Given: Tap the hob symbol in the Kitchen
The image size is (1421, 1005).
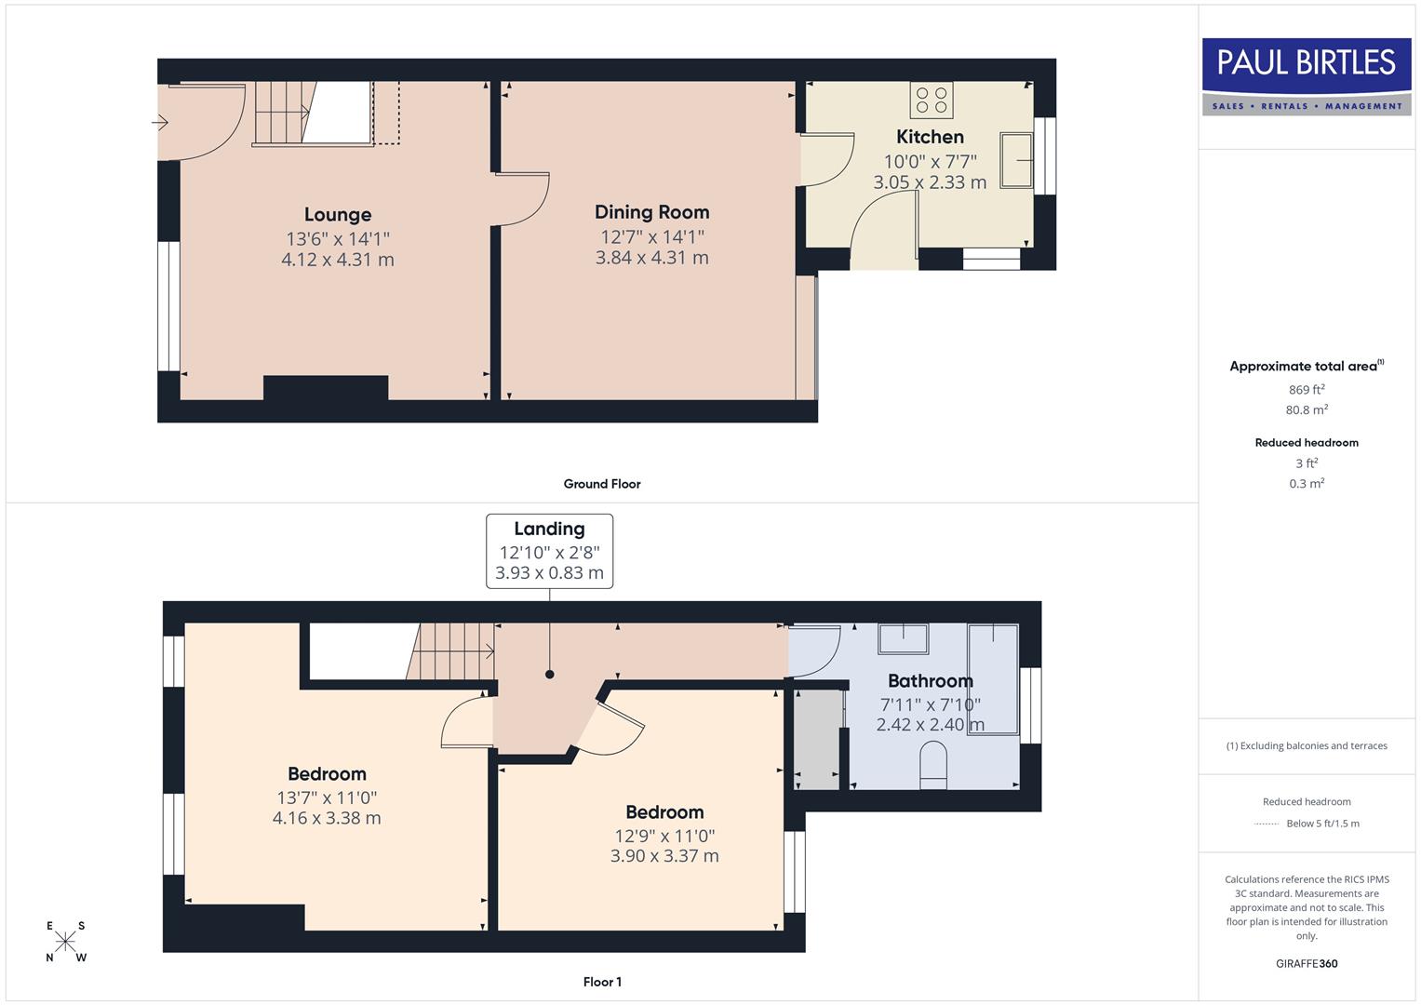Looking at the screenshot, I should (932, 100).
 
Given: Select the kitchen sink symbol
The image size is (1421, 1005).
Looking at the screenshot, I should (1016, 160).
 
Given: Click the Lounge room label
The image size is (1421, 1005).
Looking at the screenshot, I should (337, 215).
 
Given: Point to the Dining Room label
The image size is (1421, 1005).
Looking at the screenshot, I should (651, 212).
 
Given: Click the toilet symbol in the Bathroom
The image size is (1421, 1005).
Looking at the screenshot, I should (932, 765).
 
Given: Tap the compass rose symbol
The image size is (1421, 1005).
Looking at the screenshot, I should (65, 942).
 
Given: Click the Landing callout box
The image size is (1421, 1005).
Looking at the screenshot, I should (549, 551).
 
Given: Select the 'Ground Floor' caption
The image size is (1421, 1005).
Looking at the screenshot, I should (602, 484).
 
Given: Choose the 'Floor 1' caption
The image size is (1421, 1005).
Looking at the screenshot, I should (602, 982).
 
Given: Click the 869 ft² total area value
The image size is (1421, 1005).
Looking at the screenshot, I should (1307, 390).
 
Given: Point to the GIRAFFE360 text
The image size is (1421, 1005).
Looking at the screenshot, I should (1307, 963).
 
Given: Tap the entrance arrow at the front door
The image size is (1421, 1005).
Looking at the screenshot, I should (160, 122).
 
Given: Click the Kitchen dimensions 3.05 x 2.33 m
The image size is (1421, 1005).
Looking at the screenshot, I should (930, 182).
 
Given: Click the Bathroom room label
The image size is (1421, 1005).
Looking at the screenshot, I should (930, 681).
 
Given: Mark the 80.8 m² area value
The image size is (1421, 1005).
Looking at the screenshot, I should (1307, 409).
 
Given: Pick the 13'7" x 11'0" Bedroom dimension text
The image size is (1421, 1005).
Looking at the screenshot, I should (327, 797).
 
